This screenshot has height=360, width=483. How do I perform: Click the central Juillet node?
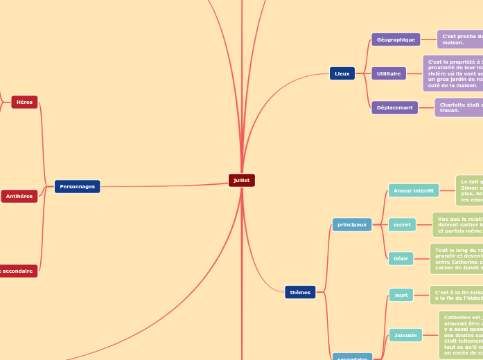point(242,180)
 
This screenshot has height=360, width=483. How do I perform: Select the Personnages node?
point(77,186)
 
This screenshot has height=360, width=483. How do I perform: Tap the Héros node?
point(24,102)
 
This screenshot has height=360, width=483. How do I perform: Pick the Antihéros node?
point(19,197)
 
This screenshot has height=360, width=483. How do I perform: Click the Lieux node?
point(342,73)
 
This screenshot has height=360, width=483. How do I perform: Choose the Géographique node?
point(396,39)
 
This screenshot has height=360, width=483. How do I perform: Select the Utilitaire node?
point(389,73)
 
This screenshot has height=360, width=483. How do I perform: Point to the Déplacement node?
point(395,107)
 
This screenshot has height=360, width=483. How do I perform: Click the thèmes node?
point(300,292)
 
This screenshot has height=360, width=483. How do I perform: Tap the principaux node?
point(352,224)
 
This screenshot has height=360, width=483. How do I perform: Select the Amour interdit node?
point(414,190)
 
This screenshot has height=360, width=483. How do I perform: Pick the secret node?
point(402,224)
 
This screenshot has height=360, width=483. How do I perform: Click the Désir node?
point(401,258)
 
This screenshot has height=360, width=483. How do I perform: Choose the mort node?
point(401,295)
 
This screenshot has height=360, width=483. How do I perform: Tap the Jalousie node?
point(405,335)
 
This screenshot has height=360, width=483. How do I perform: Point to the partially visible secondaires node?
point(352,357)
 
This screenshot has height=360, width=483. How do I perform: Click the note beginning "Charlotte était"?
point(459,107)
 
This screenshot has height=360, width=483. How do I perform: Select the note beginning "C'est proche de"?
point(460,39)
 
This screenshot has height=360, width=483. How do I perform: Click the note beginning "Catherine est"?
point(461,335)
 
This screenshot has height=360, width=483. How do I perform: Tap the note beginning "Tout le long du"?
point(456,258)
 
